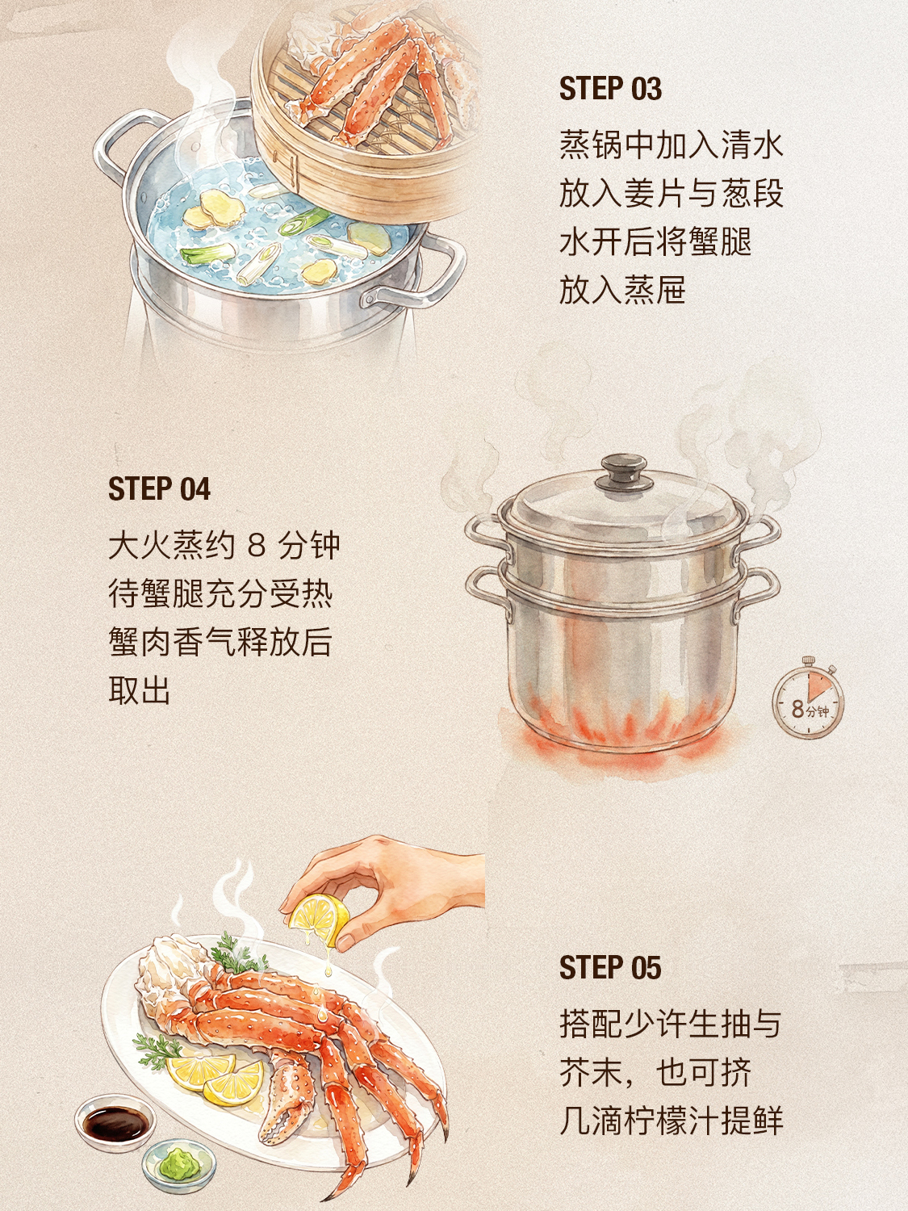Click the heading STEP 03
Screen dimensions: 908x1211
609,89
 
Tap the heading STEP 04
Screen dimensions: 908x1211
159,488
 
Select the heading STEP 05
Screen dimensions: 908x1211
609,968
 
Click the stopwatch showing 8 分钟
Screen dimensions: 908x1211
808,698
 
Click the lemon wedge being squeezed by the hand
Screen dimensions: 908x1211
319,919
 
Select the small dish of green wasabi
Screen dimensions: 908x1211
179,1152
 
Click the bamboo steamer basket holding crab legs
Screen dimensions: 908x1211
364,111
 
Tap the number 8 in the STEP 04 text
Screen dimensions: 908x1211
257,546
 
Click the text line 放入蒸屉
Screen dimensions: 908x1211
622,290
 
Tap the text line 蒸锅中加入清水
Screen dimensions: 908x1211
671,145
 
